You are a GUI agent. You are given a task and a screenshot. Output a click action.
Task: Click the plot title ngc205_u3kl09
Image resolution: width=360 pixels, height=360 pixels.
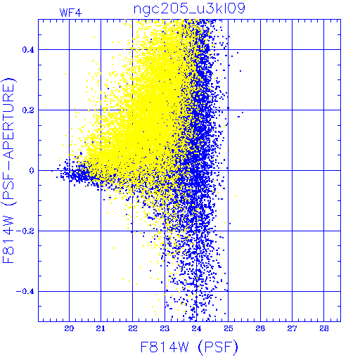(189, 8)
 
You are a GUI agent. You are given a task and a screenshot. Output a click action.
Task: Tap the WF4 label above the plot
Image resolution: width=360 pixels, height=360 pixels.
(70, 13)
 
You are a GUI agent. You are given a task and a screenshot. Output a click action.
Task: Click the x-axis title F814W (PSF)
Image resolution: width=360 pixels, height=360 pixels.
(189, 347)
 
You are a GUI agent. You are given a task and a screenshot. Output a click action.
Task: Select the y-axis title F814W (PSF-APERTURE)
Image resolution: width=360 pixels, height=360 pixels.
(9, 170)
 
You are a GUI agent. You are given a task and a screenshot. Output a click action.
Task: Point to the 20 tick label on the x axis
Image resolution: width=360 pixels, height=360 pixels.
(69, 328)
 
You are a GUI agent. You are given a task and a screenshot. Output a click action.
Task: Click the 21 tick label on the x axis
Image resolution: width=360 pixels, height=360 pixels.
(101, 328)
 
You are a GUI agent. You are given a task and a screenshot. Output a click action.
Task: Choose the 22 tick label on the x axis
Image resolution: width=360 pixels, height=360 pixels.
(133, 328)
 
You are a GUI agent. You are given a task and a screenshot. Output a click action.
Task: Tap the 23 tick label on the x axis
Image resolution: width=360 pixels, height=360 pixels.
(165, 328)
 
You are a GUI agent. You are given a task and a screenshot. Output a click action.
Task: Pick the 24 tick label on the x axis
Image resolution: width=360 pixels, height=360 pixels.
(196, 328)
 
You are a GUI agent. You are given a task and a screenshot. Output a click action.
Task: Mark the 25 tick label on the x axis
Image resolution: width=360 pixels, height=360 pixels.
(229, 328)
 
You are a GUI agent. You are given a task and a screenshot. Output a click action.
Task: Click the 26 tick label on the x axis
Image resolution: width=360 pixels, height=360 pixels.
(260, 328)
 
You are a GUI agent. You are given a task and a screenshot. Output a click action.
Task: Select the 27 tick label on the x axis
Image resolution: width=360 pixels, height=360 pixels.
(292, 328)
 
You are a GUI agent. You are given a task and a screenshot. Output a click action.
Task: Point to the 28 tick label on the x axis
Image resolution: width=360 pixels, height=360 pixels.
(324, 328)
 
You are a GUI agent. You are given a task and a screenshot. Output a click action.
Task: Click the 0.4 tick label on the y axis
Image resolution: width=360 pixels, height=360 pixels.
(28, 50)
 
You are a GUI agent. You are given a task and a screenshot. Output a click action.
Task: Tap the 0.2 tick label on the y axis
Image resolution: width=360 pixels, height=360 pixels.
(28, 110)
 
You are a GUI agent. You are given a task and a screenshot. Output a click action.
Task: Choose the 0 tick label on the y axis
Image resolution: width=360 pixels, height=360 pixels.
(32, 171)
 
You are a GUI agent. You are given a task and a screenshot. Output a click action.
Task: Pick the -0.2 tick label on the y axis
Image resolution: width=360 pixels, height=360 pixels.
(25, 231)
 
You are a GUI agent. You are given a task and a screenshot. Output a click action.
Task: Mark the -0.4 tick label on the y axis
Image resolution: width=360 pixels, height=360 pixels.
(25, 292)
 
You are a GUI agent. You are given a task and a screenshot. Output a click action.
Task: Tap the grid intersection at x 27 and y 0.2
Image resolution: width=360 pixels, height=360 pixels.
(292, 110)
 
